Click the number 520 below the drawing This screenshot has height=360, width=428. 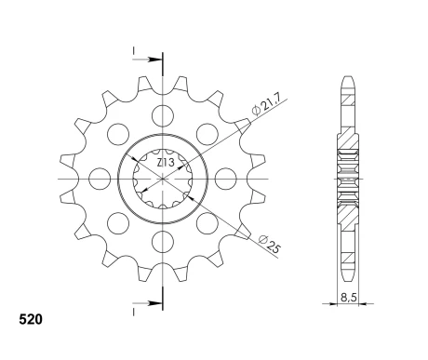pos(30,319)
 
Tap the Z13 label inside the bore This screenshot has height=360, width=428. pos(164,163)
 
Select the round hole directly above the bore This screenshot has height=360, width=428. pos(163,116)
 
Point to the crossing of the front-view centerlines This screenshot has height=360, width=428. pos(163,178)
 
